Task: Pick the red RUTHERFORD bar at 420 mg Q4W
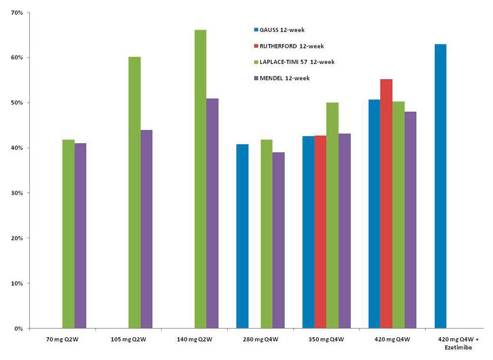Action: [386, 204]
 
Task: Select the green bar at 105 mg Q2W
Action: [135, 192]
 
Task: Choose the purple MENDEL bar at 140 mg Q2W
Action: [212, 213]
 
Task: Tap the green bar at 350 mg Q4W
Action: [332, 215]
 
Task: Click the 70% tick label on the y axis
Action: [17, 12]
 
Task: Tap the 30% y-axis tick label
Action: [17, 193]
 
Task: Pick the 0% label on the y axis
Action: [19, 329]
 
